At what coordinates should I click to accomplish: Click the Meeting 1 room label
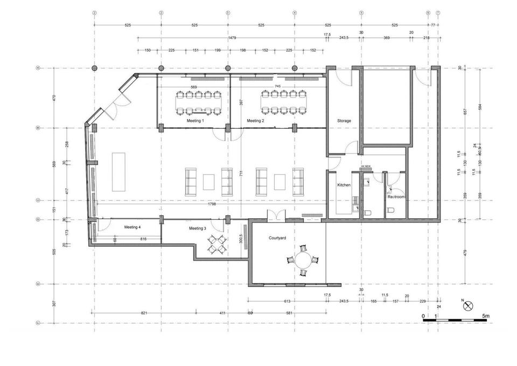point(195,121)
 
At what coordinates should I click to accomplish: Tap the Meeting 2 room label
point(255,121)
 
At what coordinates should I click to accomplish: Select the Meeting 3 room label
point(197,229)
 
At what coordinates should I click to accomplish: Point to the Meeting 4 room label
point(132,227)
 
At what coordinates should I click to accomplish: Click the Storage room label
point(344,121)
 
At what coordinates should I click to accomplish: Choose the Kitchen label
point(344,185)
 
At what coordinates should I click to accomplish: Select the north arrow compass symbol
point(467,305)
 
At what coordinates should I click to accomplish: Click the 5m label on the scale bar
point(485,315)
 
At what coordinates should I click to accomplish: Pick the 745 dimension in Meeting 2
point(277,87)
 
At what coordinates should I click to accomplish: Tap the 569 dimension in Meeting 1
point(194,87)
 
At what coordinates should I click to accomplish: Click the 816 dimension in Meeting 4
point(143,239)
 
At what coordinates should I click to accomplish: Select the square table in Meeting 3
point(217,245)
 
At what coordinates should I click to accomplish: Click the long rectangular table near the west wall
point(118,171)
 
